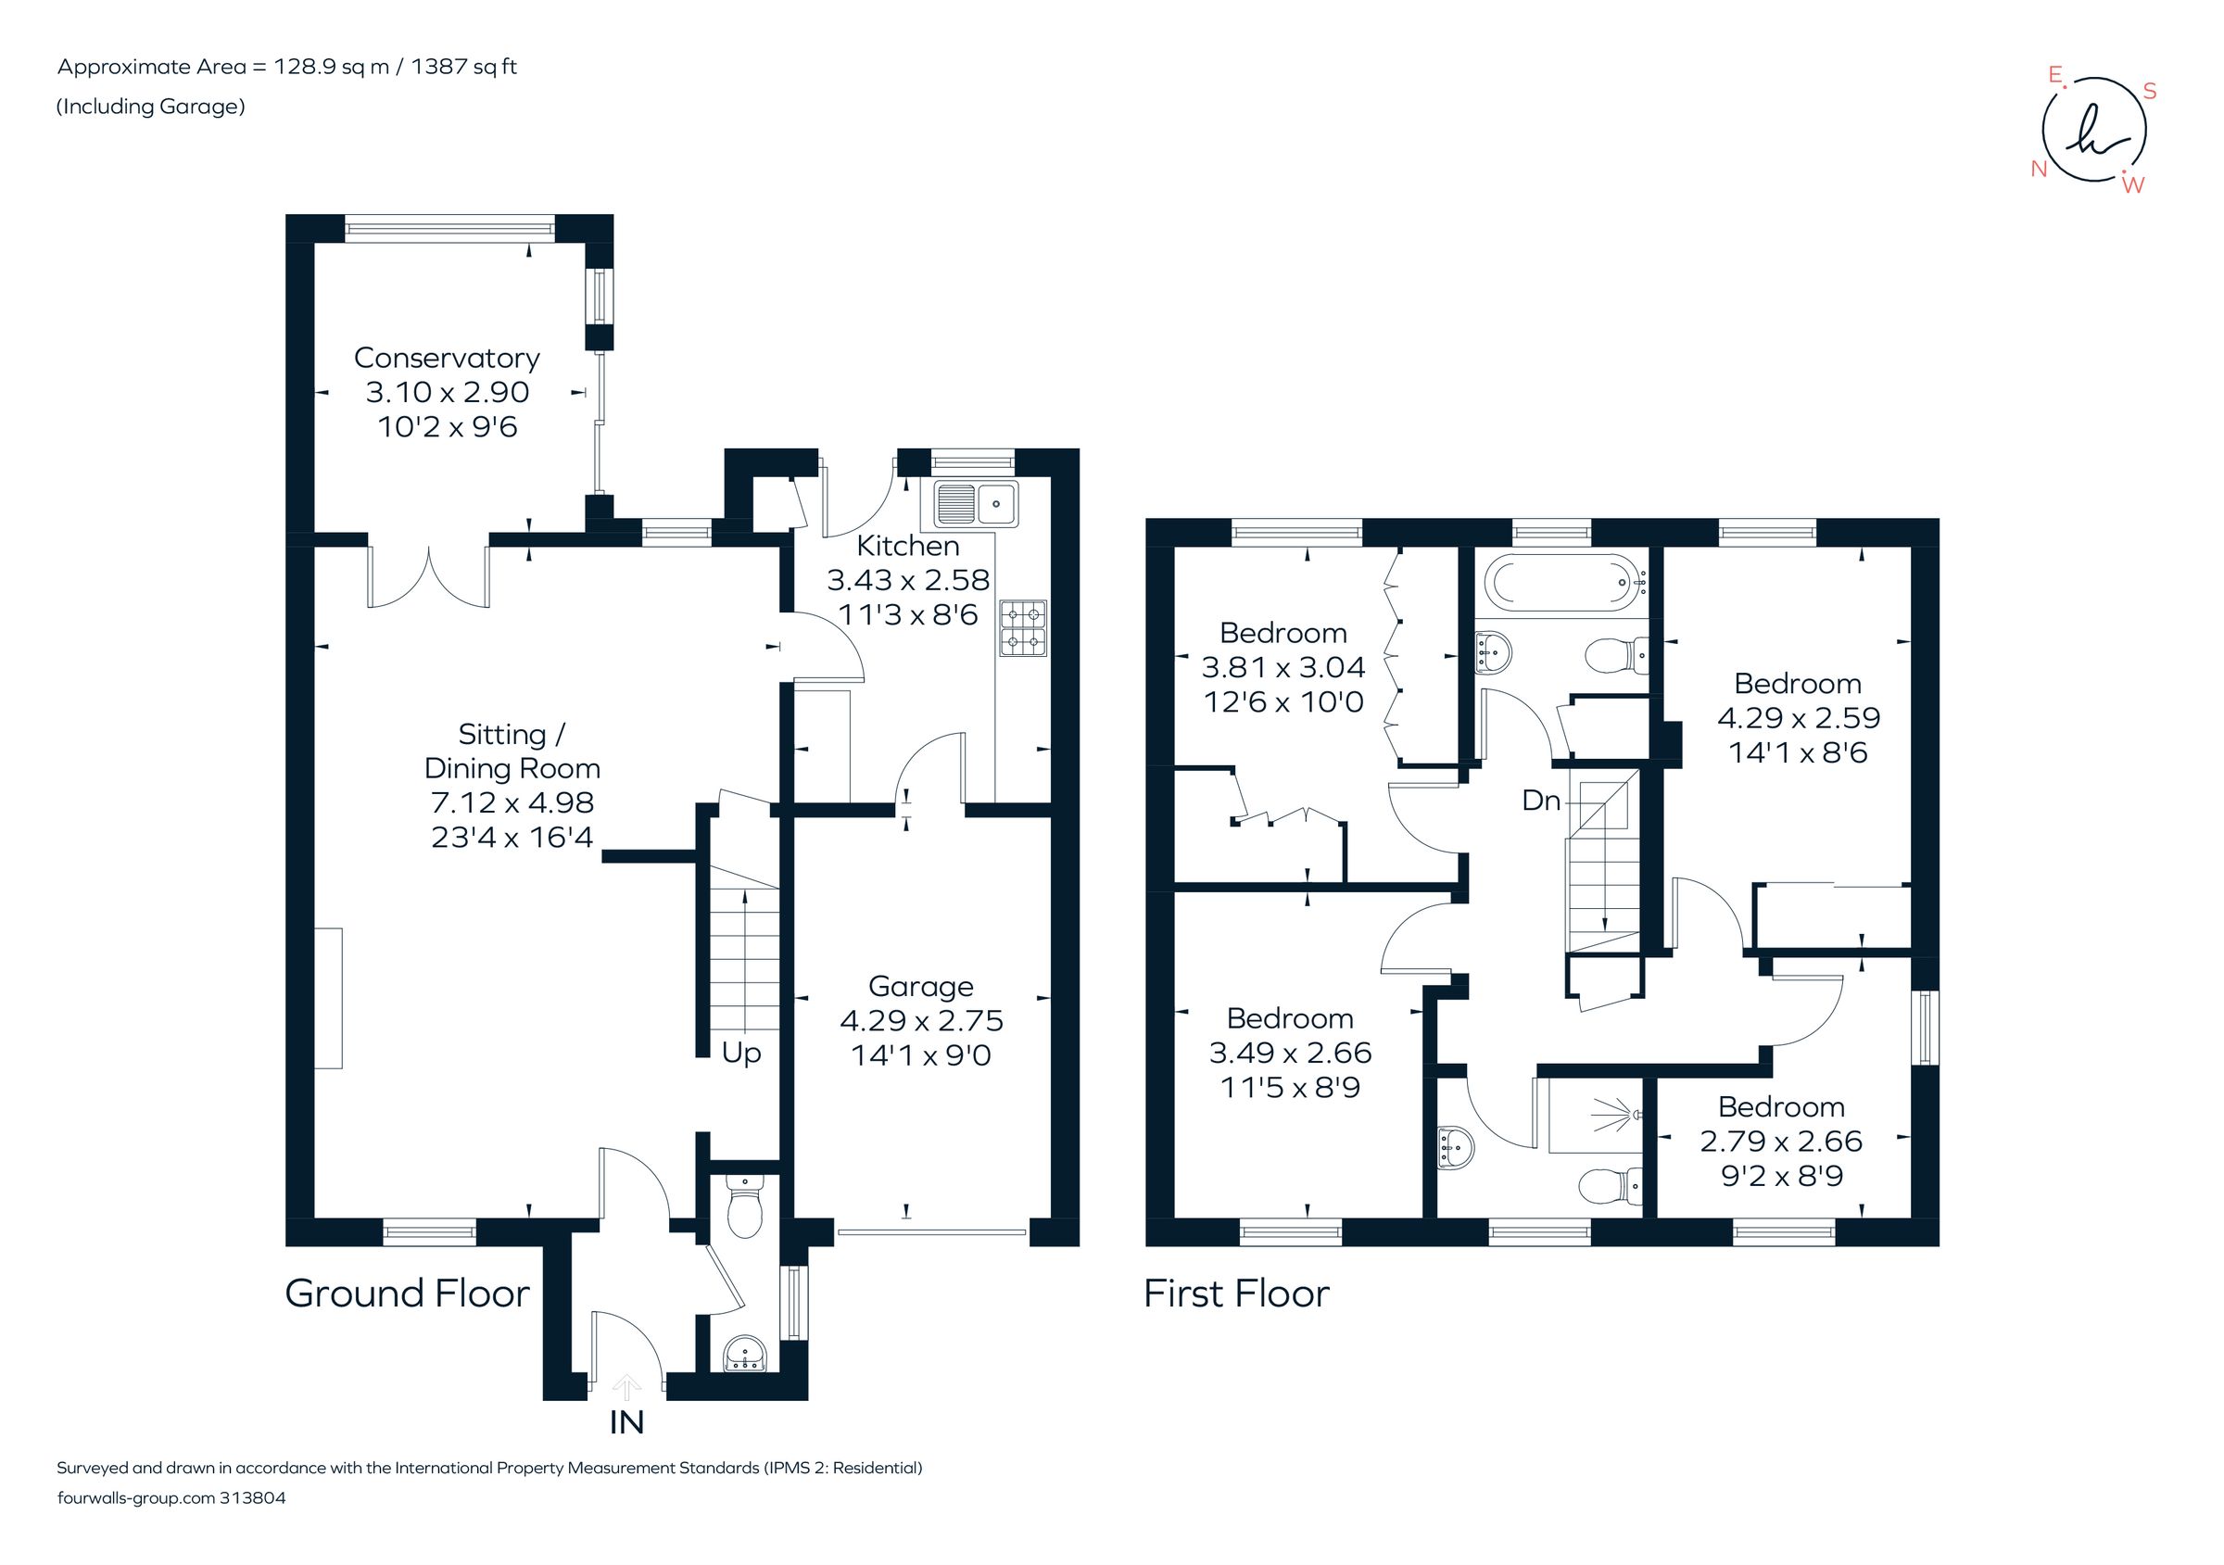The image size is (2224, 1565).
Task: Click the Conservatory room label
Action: pyautogui.click(x=447, y=358)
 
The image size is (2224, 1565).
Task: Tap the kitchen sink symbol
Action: pyautogui.click(x=976, y=503)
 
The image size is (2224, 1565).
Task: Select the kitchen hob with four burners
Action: pyautogui.click(x=1024, y=627)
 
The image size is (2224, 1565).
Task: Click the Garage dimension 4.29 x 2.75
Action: pyautogui.click(x=920, y=1021)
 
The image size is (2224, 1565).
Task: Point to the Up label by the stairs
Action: pyautogui.click(x=741, y=1053)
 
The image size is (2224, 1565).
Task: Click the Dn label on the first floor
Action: pyautogui.click(x=1541, y=800)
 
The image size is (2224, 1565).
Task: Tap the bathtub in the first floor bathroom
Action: pyautogui.click(x=1561, y=582)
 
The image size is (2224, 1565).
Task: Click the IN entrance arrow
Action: pyautogui.click(x=626, y=1388)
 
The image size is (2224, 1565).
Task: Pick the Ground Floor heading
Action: pyautogui.click(x=407, y=1294)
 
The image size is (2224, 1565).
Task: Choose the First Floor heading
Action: pyautogui.click(x=1236, y=1294)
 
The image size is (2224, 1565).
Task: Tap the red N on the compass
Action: pyautogui.click(x=2039, y=170)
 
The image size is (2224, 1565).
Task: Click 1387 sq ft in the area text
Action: pyautogui.click(x=464, y=67)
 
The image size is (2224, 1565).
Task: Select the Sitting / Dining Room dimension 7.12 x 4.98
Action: pyautogui.click(x=512, y=802)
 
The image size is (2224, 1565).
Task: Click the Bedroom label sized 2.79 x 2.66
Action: pyautogui.click(x=1780, y=1107)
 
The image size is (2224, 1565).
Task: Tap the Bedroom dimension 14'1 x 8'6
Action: pyautogui.click(x=1798, y=752)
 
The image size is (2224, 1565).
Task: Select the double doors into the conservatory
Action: pyautogui.click(x=428, y=579)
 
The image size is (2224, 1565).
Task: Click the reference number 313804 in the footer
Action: pyautogui.click(x=253, y=1498)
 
